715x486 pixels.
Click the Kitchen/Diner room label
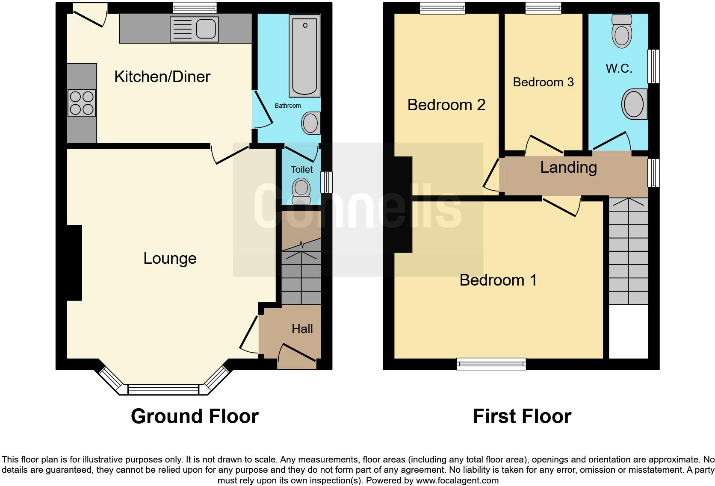click(162, 77)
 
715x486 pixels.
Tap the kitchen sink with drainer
click(194, 29)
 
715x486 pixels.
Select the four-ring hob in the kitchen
click(82, 103)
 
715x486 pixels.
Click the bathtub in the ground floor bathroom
click(304, 56)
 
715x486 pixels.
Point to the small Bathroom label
click(287, 106)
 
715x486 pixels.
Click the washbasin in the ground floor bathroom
click(310, 123)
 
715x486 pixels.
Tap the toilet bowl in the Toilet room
click(301, 190)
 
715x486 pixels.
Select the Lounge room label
click(170, 259)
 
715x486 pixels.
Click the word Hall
click(302, 329)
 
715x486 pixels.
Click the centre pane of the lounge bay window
click(163, 389)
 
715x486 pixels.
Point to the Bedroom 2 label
click(446, 105)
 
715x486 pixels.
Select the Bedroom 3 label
click(543, 82)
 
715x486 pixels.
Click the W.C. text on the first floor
click(619, 68)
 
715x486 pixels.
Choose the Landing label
click(568, 167)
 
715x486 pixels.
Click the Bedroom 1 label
click(498, 280)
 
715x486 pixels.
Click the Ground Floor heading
click(195, 416)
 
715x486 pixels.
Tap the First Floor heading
click(522, 416)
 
